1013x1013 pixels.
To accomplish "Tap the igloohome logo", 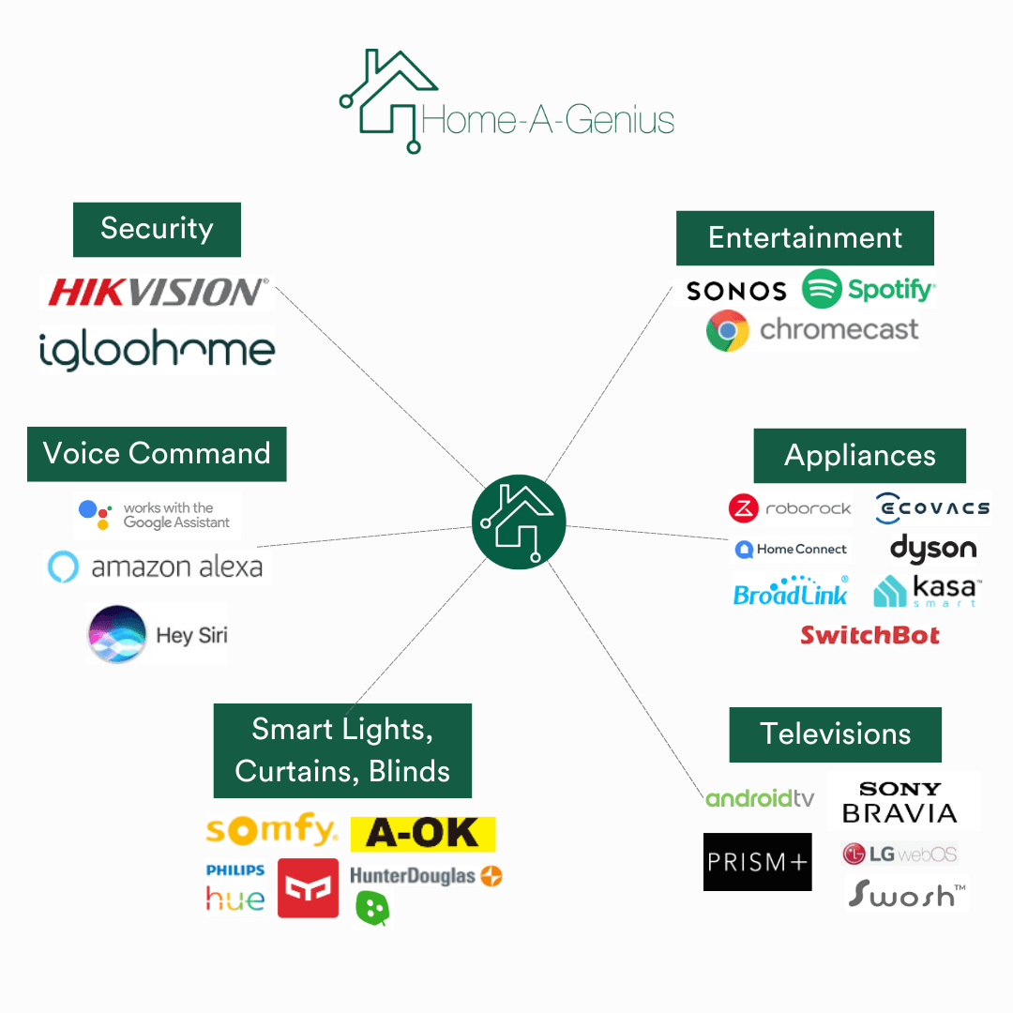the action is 157,350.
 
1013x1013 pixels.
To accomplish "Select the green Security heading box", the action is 157,230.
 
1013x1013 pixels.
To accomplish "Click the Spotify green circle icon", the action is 822,289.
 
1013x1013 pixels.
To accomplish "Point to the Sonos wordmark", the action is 736,292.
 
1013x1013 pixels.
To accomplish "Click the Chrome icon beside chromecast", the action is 728,330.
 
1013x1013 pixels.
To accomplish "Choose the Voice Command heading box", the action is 157,454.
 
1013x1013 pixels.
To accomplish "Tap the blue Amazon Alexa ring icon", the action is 64,567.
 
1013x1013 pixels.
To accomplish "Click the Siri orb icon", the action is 117,634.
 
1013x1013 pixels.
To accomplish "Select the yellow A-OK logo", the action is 423,834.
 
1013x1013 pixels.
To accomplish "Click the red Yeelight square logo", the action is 309,888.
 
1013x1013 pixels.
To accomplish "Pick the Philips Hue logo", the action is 235,888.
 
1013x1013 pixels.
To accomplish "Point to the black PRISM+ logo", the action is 758,862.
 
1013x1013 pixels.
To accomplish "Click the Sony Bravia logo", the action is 900,802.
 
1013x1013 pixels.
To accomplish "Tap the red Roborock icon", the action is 744,508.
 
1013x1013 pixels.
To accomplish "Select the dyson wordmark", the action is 933,549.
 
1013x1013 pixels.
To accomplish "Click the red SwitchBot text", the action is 869,635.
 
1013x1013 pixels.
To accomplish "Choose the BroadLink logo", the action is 791,591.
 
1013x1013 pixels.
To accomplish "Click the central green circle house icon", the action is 519,522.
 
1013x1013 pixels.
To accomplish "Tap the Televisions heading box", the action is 836,734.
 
